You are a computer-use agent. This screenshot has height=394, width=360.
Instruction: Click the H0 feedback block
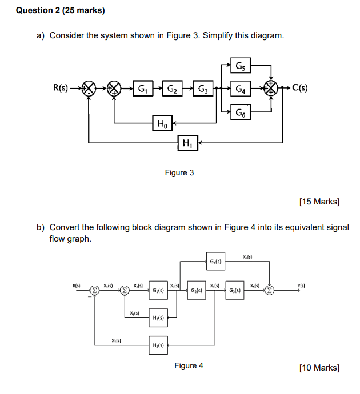pyautogui.click(x=162, y=122)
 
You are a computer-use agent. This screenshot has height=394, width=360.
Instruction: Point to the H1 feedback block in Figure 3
pyautogui.click(x=187, y=143)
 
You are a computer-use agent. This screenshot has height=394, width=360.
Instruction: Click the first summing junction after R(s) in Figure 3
pyautogui.click(x=89, y=89)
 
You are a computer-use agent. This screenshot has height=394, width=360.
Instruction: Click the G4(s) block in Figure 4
pyautogui.click(x=215, y=263)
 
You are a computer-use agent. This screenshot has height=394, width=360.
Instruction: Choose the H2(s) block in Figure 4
pyautogui.click(x=158, y=345)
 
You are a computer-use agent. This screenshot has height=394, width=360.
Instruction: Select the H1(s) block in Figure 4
pyautogui.click(x=158, y=317)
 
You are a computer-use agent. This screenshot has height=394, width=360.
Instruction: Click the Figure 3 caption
pyautogui.click(x=179, y=172)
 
